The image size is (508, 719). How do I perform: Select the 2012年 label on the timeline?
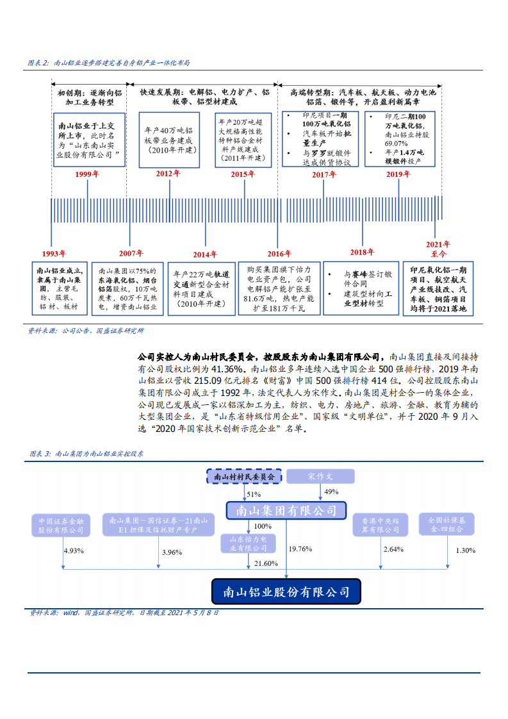[168, 174]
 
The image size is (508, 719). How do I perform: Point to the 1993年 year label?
[54, 253]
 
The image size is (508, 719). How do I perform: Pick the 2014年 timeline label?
[205, 254]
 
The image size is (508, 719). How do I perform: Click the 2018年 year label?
[362, 252]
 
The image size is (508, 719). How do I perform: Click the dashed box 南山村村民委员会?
[244, 477]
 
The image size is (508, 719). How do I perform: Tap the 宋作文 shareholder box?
[320, 477]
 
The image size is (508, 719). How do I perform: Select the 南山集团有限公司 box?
[286, 511]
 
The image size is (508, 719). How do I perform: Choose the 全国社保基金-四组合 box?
[447, 525]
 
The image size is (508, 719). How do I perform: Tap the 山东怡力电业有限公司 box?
[244, 544]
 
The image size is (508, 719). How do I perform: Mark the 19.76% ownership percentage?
[300, 549]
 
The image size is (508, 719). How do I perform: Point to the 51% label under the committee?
[254, 495]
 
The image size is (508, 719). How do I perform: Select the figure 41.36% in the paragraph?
[227, 370]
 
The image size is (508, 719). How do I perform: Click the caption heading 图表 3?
[41, 454]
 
